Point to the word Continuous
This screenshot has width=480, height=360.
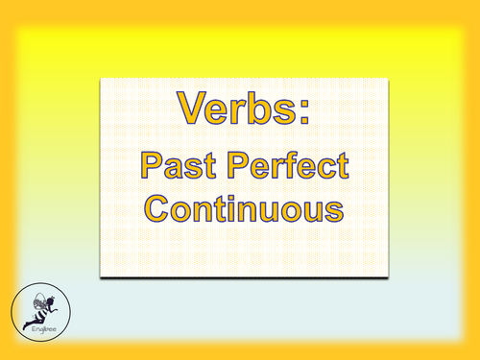coord(241,206)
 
